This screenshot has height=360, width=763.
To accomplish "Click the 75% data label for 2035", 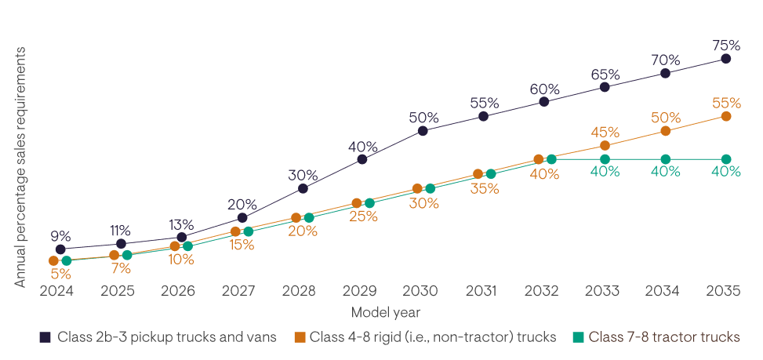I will pyautogui.click(x=725, y=45).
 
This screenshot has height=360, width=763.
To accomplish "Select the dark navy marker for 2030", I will pyautogui.click(x=423, y=131).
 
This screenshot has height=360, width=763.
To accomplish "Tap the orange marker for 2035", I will pyautogui.click(x=726, y=116).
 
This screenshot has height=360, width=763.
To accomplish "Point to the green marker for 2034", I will pyautogui.click(x=666, y=159).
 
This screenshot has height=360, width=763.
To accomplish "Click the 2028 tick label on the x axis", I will pyautogui.click(x=300, y=292).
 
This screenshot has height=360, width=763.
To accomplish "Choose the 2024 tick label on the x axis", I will pyautogui.click(x=57, y=292).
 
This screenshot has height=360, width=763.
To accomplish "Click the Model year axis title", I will pyautogui.click(x=385, y=312).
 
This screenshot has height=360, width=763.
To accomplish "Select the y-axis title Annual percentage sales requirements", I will pyautogui.click(x=21, y=167).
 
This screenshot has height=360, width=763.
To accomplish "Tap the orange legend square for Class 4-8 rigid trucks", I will pyautogui.click(x=300, y=337).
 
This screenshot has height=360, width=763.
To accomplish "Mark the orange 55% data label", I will pyautogui.click(x=726, y=103).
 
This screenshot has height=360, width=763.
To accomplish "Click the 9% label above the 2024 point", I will pyautogui.click(x=60, y=235).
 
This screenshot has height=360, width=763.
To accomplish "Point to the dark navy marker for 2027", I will pyautogui.click(x=242, y=217).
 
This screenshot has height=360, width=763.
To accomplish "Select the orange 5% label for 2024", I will pyautogui.click(x=60, y=275).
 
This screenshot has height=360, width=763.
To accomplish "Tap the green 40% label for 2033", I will pyautogui.click(x=605, y=173).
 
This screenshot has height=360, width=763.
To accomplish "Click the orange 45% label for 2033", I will pyautogui.click(x=605, y=133).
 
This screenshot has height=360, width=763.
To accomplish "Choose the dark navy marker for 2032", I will pyautogui.click(x=544, y=102).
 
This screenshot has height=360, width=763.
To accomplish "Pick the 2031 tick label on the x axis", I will pyautogui.click(x=481, y=292).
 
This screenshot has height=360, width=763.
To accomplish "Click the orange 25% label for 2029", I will pyautogui.click(x=362, y=216).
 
